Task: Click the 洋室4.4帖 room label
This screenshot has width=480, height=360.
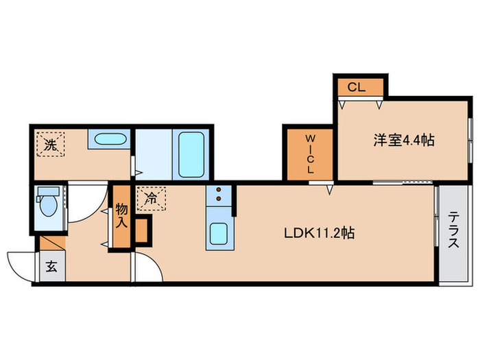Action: click(403, 140)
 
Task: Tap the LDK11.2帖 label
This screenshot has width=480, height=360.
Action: click(319, 233)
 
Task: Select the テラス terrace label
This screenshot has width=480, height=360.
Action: click(453, 234)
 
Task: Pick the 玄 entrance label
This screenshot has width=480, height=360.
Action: click(52, 267)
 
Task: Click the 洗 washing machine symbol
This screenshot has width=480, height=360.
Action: click(50, 145)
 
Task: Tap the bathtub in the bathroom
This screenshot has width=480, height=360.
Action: click(191, 153)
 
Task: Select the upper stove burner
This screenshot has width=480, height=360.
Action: click(219, 190)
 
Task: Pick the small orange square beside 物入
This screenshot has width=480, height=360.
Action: click(143, 230)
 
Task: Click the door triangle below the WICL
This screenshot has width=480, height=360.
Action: click(330, 187)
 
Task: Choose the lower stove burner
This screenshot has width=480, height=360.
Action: click(219, 200)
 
